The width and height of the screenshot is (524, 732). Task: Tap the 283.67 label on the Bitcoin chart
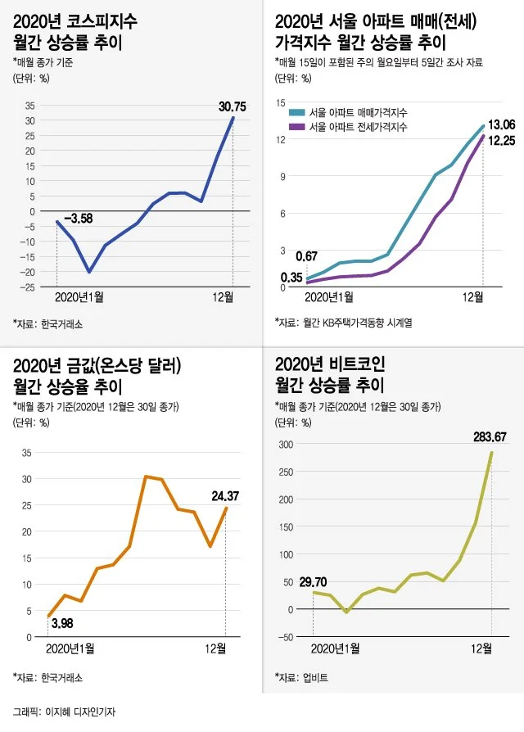pyautogui.click(x=490, y=436)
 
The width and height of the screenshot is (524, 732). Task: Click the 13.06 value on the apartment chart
pyautogui.click(x=501, y=124)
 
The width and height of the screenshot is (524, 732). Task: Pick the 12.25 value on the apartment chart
pyautogui.click(x=501, y=142)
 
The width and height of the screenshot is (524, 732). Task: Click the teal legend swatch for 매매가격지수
pyautogui.click(x=297, y=112)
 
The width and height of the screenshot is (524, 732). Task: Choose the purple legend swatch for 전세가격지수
pyautogui.click(x=297, y=127)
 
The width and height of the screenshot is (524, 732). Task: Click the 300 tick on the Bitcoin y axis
pyautogui.click(x=286, y=444)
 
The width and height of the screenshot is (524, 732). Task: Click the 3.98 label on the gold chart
pyautogui.click(x=63, y=624)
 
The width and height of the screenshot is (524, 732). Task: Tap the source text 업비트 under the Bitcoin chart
pyautogui.click(x=317, y=678)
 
